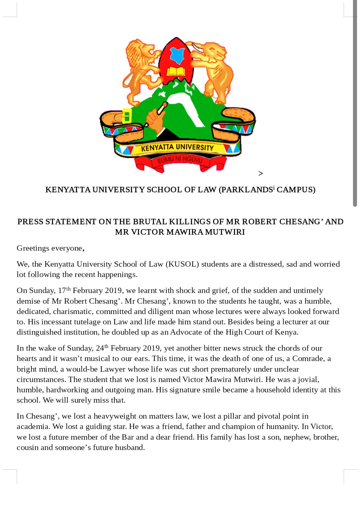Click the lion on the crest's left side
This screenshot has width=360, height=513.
coord(140,70)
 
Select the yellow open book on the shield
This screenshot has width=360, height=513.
coord(176,71)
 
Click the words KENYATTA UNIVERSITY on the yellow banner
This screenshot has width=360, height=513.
coord(177,147)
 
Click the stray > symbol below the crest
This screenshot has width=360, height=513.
coord(261,173)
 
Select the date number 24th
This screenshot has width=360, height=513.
coord(102,348)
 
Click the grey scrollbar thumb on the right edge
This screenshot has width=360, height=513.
coord(355,103)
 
